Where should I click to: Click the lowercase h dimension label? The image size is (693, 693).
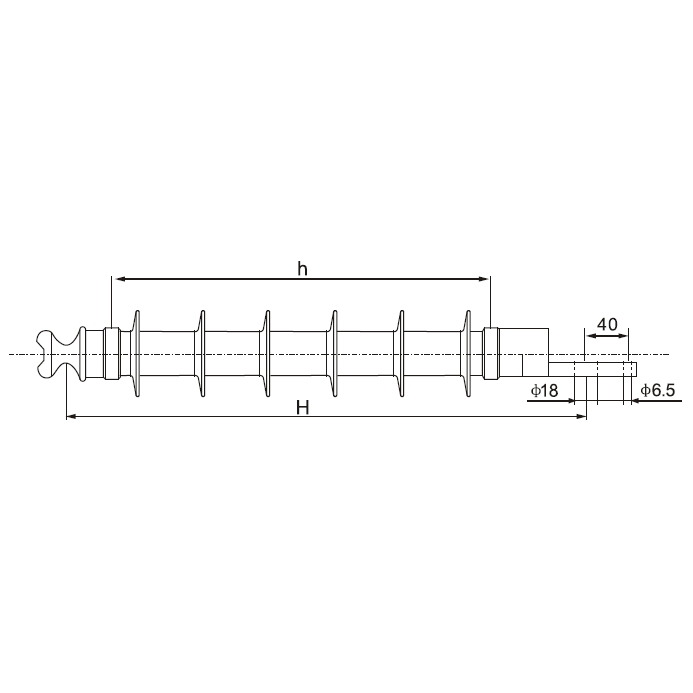pos(302,268)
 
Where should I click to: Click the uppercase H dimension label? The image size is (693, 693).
pos(302,407)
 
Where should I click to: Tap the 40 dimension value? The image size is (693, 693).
pos(607,324)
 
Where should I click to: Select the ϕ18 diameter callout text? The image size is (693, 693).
pos(544,390)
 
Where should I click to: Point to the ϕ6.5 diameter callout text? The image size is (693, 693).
pos(658,390)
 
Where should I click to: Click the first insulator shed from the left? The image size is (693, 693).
pos(137,354)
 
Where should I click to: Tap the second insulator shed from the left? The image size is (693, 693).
pos(202,354)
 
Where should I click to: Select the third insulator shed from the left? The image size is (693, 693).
pos(267,354)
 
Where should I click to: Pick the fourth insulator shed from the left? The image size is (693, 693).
pos(334,354)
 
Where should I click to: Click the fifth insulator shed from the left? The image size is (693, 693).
pos(401,354)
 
